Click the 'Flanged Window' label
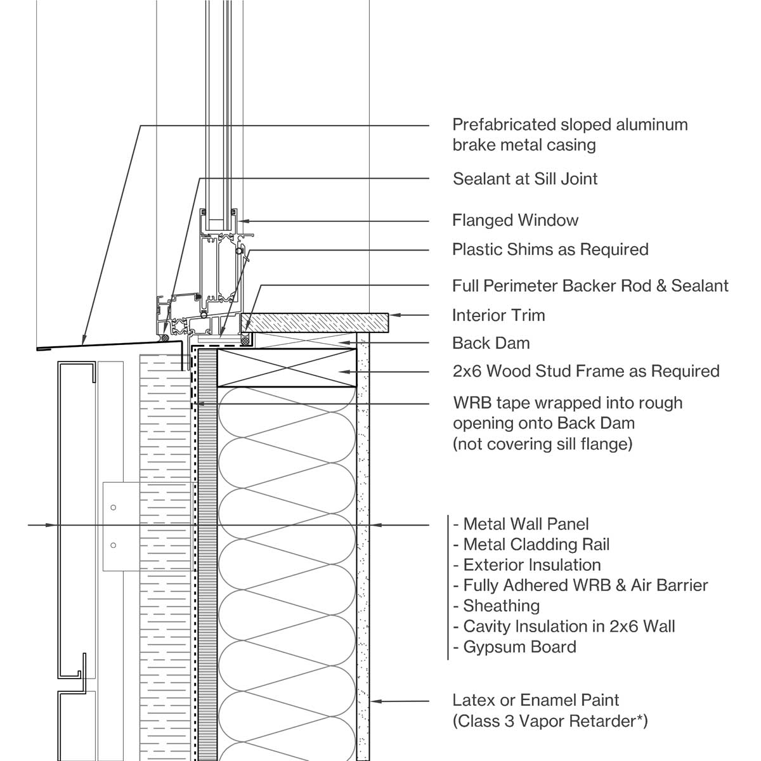(x=515, y=221)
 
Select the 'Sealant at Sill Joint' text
(x=525, y=179)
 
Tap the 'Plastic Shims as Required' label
(x=550, y=249)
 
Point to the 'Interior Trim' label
(x=498, y=315)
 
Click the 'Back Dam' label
(x=491, y=343)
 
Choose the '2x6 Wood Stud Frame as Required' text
(x=586, y=371)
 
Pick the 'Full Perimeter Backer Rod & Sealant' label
(x=590, y=285)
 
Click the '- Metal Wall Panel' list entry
(x=521, y=524)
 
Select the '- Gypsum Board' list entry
(x=515, y=647)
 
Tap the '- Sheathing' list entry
(x=497, y=606)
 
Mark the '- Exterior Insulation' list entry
(x=527, y=565)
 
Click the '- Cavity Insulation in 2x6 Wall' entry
(x=564, y=627)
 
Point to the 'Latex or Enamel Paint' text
(x=536, y=700)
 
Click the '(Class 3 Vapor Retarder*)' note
(x=550, y=721)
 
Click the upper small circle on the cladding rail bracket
(x=114, y=507)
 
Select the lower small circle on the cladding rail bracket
(x=114, y=545)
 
